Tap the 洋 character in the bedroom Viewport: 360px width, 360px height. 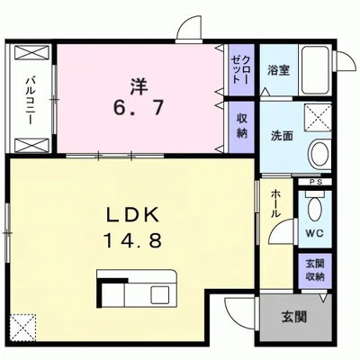pyautogui.click(x=138, y=88)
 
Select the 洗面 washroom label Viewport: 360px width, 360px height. pyautogui.click(x=283, y=136)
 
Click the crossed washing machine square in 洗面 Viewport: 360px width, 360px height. pyautogui.click(x=318, y=117)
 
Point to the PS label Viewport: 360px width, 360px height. pyautogui.click(x=314, y=184)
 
